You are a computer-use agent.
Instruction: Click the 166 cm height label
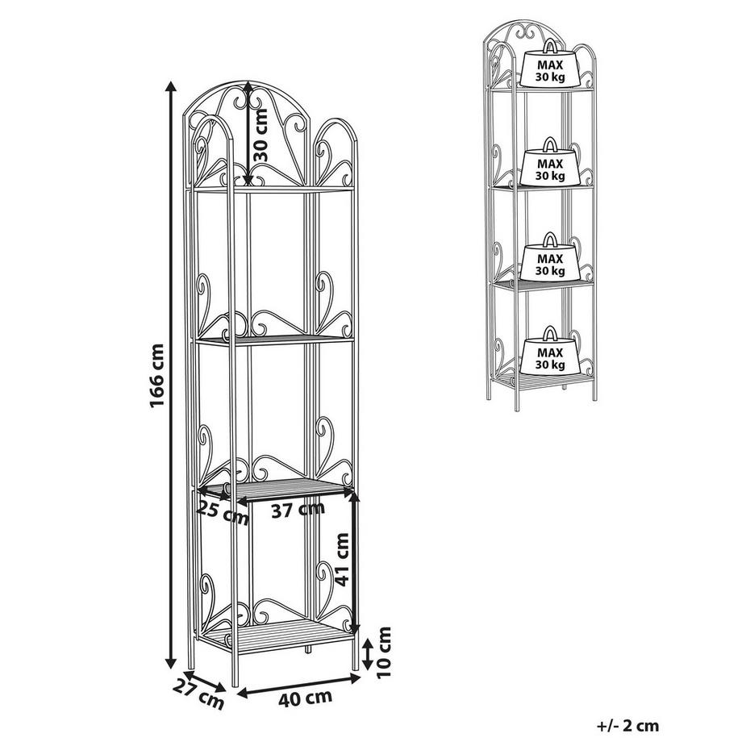click(157, 375)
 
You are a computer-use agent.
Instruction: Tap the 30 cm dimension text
click(261, 135)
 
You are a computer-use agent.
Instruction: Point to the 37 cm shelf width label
click(298, 510)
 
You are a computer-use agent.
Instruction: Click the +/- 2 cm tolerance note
click(627, 725)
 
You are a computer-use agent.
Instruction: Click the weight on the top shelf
click(550, 65)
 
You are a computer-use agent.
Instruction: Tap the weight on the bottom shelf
click(550, 351)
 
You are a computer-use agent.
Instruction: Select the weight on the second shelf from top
click(550, 162)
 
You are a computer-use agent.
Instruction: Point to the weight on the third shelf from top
click(550, 257)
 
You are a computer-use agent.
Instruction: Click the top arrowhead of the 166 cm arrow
click(171, 85)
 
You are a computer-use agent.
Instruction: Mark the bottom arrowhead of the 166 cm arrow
click(171, 664)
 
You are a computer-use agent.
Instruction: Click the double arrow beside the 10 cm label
click(367, 654)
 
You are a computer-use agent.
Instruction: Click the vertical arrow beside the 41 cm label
click(355, 562)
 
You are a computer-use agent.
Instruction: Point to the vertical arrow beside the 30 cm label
click(247, 134)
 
